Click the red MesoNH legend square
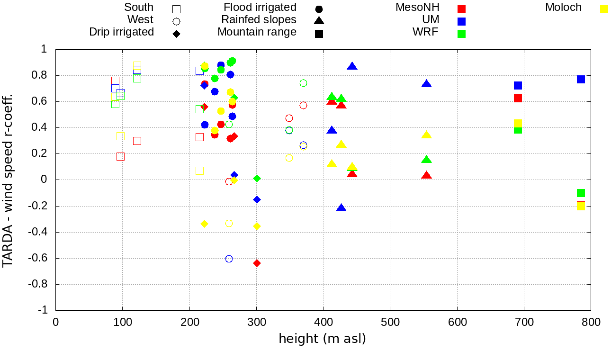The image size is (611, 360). pyautogui.click(x=462, y=9)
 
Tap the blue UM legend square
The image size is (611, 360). pyautogui.click(x=462, y=21)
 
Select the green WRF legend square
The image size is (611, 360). pyautogui.click(x=462, y=34)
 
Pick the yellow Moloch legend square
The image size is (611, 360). pyautogui.click(x=604, y=9)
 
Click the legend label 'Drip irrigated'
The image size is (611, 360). pyautogui.click(x=121, y=32)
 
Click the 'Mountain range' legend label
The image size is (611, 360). pyautogui.click(x=257, y=32)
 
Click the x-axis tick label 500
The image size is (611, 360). pyautogui.click(x=390, y=322)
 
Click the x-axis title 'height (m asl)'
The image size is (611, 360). pyautogui.click(x=322, y=339)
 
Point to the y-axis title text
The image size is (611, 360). pyautogui.click(x=8, y=180)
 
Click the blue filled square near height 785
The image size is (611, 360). pyautogui.click(x=581, y=79)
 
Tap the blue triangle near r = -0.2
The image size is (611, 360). pyautogui.click(x=341, y=208)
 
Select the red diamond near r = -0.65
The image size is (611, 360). pyautogui.click(x=257, y=263)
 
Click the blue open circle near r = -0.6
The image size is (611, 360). pyautogui.click(x=229, y=259)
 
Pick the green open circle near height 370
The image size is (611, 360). pyautogui.click(x=303, y=83)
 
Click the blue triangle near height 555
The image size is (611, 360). pyautogui.click(x=426, y=84)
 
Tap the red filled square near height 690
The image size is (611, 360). pyautogui.click(x=518, y=98)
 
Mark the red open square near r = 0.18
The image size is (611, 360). pyautogui.click(x=120, y=156)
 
